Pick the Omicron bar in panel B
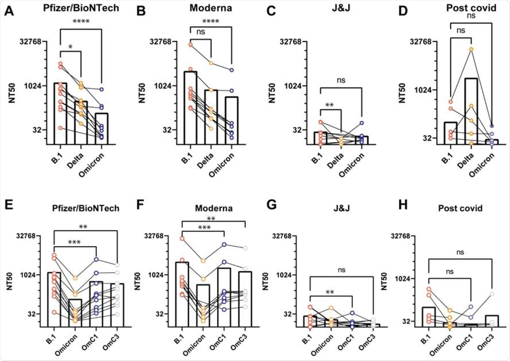point(231,120)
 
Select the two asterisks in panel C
point(330,105)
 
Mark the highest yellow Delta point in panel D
point(471,49)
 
